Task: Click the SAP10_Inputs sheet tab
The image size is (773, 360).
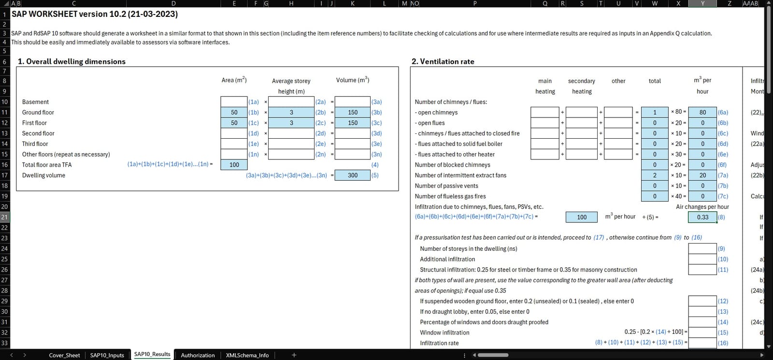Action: click(x=107, y=355)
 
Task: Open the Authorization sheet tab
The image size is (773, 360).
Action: click(x=198, y=355)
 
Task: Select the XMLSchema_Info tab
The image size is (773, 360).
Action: click(x=247, y=355)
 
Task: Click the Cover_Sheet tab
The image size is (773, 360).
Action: click(x=64, y=355)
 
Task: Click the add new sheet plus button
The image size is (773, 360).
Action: click(x=294, y=355)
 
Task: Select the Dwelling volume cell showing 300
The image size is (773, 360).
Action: click(x=353, y=175)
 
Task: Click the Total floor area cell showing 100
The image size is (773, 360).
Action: click(x=234, y=165)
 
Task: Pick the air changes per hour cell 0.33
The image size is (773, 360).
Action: click(x=702, y=217)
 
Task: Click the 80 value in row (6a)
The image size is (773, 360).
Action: click(x=702, y=112)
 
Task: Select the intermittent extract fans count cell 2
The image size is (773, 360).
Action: click(x=655, y=175)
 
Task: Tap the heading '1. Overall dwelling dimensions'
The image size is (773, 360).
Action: click(x=72, y=61)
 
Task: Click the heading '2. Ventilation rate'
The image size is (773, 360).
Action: click(x=443, y=61)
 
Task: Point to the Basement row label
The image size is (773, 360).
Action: click(x=35, y=102)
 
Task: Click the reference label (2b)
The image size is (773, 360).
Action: click(x=320, y=112)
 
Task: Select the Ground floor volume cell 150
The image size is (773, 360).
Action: click(x=353, y=112)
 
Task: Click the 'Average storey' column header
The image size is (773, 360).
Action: click(x=291, y=81)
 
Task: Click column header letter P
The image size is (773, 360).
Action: click(x=474, y=3)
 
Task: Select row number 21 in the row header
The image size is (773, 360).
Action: click(x=4, y=217)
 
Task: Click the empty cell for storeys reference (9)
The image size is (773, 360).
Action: click(x=702, y=248)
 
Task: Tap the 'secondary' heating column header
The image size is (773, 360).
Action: click(x=581, y=81)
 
